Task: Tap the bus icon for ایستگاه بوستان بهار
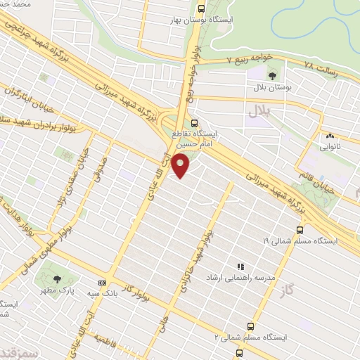202,9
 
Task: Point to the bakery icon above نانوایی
328,136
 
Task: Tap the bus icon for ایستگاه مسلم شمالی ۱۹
300,229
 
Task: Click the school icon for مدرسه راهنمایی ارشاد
240,267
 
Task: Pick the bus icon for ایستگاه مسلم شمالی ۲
240,353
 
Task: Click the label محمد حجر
17,6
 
